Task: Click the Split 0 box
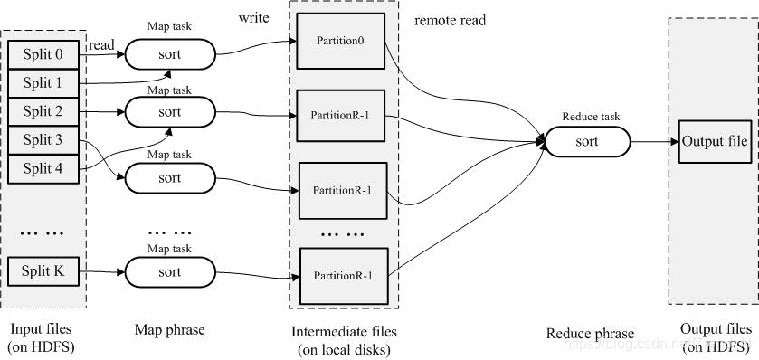43,55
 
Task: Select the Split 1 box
43,83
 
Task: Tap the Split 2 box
43,112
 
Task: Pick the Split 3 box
43,140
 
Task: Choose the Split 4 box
43,168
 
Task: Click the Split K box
43,270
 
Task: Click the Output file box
715,142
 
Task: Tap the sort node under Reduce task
587,142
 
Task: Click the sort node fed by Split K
170,271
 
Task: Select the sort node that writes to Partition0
170,54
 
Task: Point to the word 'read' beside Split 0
101,44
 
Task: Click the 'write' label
255,18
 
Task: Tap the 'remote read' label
450,20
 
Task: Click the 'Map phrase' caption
169,331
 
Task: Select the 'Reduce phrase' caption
590,334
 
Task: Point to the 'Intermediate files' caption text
344,331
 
